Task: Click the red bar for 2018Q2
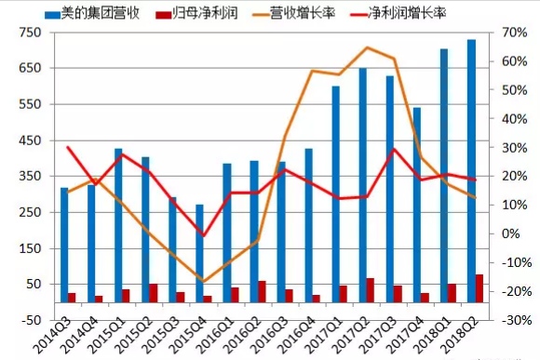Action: (x=479, y=288)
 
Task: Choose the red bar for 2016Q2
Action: (x=262, y=291)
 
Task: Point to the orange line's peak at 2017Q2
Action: (x=367, y=47)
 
